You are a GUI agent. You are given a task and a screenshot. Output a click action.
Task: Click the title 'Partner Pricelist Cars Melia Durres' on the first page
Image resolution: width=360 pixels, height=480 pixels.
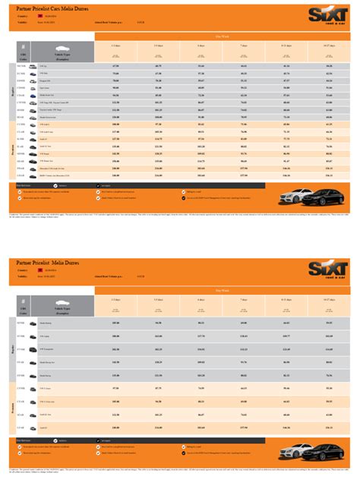pos(49,7)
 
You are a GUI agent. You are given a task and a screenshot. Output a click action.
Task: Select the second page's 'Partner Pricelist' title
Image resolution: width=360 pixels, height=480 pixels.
pos(49,263)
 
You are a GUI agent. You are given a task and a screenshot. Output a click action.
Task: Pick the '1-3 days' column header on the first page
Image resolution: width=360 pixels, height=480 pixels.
pos(116,46)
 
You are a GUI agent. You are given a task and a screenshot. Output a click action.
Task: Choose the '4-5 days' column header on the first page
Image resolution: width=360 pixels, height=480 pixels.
pos(158,46)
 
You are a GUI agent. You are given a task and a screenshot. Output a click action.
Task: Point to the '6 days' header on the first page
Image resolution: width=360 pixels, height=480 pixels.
pos(201,46)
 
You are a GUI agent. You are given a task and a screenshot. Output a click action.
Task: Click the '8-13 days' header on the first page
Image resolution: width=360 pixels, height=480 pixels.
pos(286,46)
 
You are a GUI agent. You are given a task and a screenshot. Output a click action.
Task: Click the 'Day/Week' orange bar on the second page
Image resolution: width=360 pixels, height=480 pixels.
pos(223,290)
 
